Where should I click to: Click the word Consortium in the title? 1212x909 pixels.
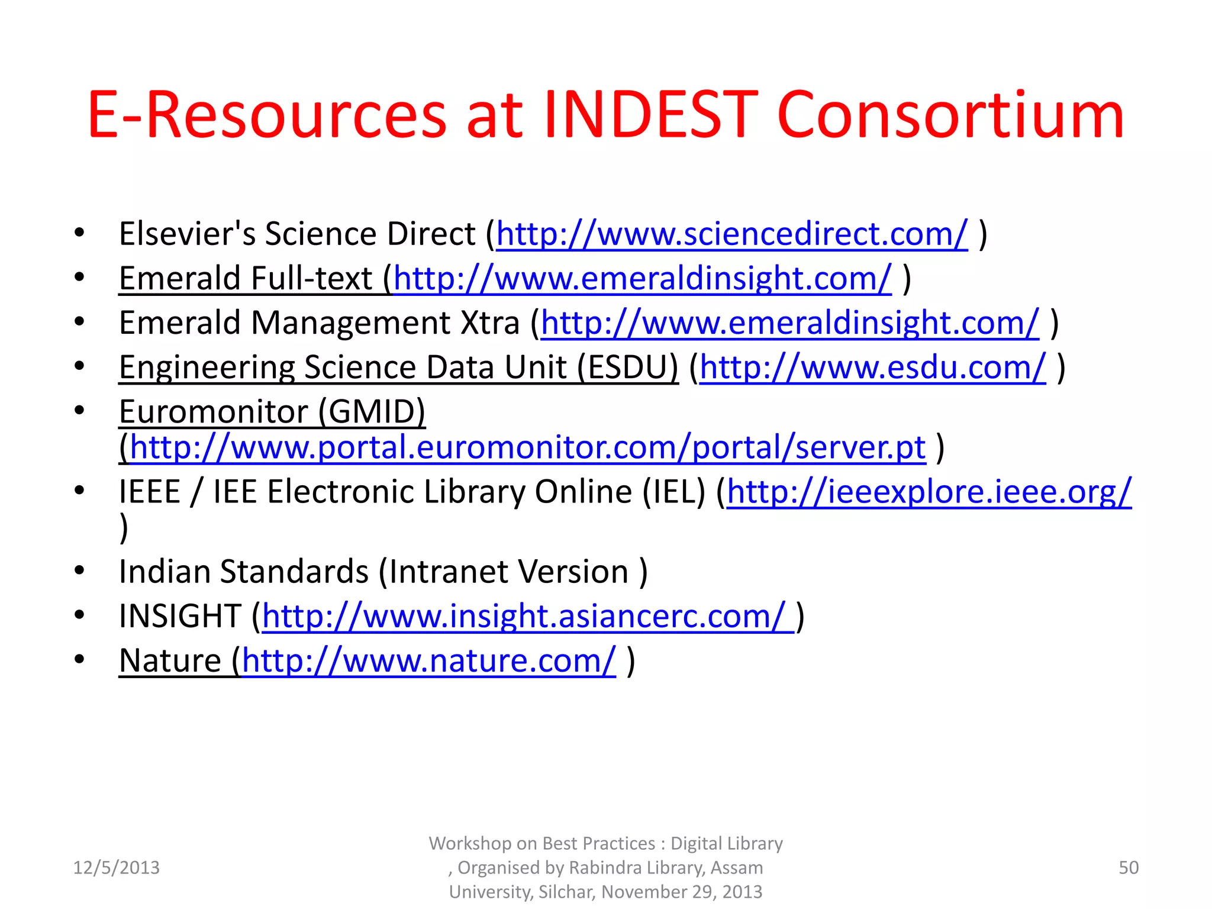[950, 115]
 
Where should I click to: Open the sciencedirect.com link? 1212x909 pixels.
[731, 234]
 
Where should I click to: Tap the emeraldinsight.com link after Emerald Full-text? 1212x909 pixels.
[642, 279]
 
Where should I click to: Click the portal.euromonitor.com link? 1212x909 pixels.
[527, 448]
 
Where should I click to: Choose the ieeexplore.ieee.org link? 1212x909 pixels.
[929, 492]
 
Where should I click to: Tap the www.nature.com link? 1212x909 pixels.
[428, 661]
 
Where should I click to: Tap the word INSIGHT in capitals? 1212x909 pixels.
[179, 617]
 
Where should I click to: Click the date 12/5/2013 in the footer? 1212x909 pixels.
[116, 868]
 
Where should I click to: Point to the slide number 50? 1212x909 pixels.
[1128, 868]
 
